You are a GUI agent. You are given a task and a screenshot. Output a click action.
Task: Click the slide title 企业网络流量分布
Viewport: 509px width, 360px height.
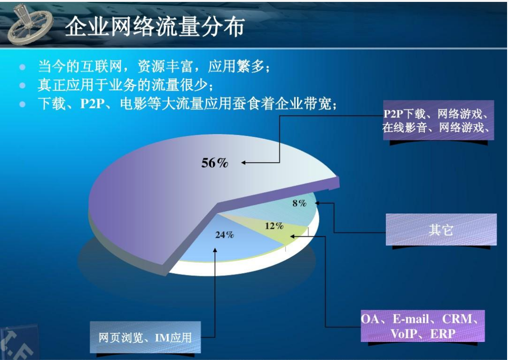(155, 26)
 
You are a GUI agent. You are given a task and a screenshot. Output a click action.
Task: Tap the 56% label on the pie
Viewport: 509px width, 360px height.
(214, 163)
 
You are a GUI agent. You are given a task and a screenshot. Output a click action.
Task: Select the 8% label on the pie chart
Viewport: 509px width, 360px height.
(299, 204)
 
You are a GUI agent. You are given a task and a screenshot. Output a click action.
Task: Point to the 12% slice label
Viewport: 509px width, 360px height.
(274, 226)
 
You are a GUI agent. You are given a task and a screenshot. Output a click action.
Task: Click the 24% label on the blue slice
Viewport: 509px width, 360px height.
(224, 234)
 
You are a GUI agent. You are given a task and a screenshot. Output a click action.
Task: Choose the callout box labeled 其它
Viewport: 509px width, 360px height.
(441, 229)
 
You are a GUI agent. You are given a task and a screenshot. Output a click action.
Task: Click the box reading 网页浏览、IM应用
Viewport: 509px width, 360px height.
(145, 337)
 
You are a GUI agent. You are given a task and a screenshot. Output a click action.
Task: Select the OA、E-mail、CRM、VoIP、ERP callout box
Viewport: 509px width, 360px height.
(423, 326)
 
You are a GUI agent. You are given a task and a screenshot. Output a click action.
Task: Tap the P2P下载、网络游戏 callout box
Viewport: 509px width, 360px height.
(438, 120)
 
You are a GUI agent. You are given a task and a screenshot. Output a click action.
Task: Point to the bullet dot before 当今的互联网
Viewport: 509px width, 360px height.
(22, 67)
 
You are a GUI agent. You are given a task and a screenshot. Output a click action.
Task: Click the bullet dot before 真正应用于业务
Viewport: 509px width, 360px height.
(22, 86)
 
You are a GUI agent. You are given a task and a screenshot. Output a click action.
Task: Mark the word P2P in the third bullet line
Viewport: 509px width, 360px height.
(93, 104)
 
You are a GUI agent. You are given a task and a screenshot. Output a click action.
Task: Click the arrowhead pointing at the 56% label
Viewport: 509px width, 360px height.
(243, 163)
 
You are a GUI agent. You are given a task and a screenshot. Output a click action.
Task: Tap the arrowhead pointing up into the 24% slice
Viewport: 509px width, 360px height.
(215, 250)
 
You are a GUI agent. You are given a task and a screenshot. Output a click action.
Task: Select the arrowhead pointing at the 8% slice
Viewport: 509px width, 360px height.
(317, 203)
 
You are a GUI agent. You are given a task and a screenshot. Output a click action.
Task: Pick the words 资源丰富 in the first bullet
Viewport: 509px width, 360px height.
(165, 67)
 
